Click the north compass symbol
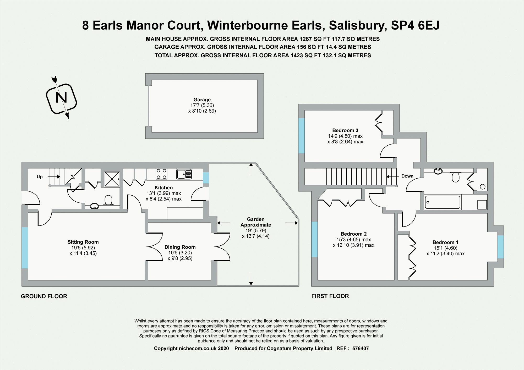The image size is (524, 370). click(62, 98)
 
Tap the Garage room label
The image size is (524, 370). click(202, 100)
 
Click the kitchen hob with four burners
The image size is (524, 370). click(161, 174)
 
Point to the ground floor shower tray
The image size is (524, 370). click(112, 179)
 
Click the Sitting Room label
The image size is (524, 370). click(83, 242)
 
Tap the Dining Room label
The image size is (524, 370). click(180, 247)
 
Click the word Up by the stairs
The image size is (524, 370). click(40, 177)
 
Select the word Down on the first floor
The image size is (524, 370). click(407, 176)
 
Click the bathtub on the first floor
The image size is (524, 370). click(443, 202)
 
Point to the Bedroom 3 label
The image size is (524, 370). click(345, 130)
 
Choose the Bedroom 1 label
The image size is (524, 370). click(445, 242)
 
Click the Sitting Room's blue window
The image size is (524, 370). click(25, 248)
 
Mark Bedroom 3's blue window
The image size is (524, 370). click(302, 135)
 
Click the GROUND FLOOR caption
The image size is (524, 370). click(44, 296)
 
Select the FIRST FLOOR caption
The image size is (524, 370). click(330, 296)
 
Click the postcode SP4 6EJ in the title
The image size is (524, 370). click(415, 25)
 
